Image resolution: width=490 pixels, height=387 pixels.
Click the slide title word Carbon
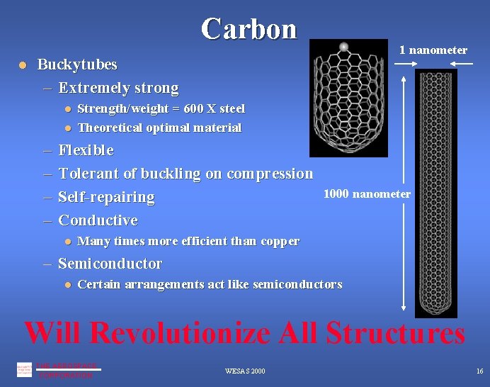point(249,28)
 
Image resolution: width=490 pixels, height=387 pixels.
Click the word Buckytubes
point(77,64)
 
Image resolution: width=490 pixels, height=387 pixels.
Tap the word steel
point(232,108)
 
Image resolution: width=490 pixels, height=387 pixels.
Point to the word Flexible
point(86,150)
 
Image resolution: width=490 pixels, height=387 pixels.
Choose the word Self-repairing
point(106,197)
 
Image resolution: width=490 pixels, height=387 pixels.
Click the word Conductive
point(98,220)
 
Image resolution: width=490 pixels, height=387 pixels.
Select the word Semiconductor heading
point(110,264)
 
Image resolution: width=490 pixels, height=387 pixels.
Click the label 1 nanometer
point(433,50)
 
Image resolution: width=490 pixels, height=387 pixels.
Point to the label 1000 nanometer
point(367,193)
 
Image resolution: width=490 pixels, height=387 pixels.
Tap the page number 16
point(479,371)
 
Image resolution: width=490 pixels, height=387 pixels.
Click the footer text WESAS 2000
point(245,371)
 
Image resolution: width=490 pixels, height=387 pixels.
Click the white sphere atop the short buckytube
point(344,47)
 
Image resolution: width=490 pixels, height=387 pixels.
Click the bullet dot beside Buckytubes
point(23,65)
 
